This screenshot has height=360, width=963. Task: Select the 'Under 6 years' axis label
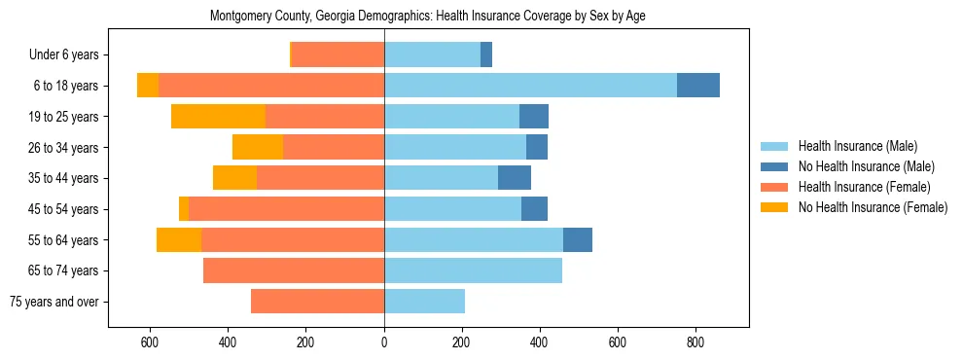click(69, 54)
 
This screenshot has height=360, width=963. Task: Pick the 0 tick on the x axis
click(384, 342)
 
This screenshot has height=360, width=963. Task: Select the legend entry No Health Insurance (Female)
click(873, 207)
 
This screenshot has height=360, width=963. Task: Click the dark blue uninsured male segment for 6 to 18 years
click(698, 86)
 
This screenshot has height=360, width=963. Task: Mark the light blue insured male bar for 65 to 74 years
click(473, 270)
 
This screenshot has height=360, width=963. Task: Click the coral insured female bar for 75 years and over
click(317, 302)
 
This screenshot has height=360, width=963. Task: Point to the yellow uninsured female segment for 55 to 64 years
click(179, 240)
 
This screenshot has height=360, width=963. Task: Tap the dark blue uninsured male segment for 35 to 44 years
click(515, 178)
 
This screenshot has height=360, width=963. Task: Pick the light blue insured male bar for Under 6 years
click(432, 54)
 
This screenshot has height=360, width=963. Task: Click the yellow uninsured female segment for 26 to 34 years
click(258, 147)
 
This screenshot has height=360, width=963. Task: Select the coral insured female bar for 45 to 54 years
click(286, 209)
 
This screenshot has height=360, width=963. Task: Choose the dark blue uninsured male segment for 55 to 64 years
click(578, 240)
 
